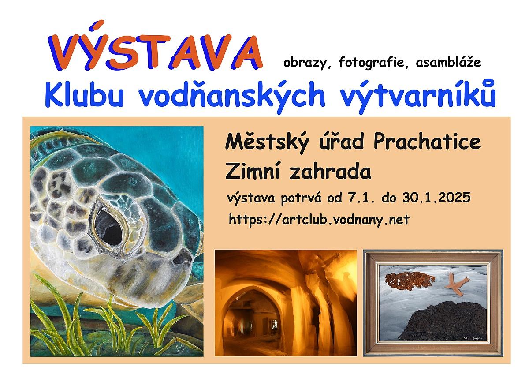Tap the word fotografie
click(371, 63)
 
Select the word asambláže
click(448, 62)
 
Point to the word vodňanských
click(232, 97)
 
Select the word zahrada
click(330, 171)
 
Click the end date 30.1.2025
click(436, 197)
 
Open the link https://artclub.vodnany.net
click(319, 220)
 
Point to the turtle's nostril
click(178, 260)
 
